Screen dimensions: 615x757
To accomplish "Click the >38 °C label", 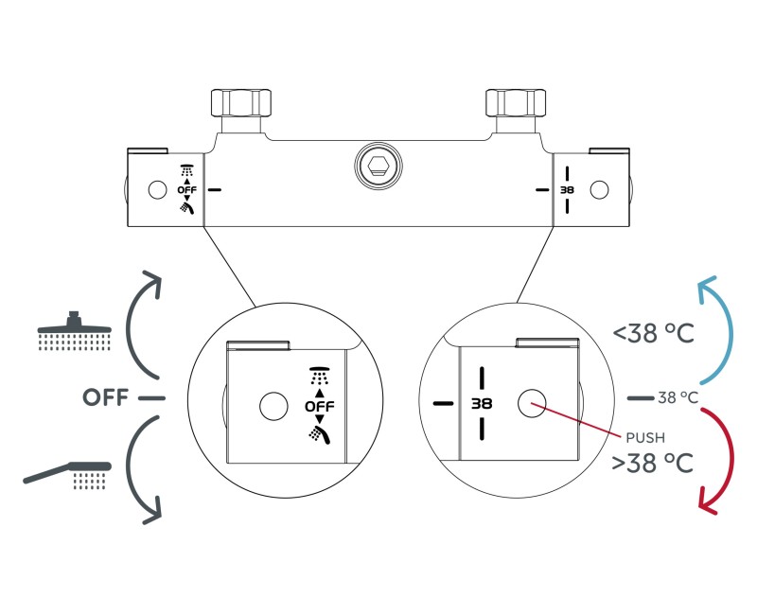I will [653, 464].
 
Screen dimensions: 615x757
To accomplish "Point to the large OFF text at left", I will [105, 397].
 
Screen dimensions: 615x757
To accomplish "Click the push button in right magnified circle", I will [532, 403].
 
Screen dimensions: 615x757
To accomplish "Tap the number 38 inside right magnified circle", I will [483, 403].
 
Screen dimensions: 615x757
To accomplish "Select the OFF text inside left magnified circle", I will [318, 407].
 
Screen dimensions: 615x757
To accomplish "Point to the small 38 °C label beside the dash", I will [678, 398].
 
